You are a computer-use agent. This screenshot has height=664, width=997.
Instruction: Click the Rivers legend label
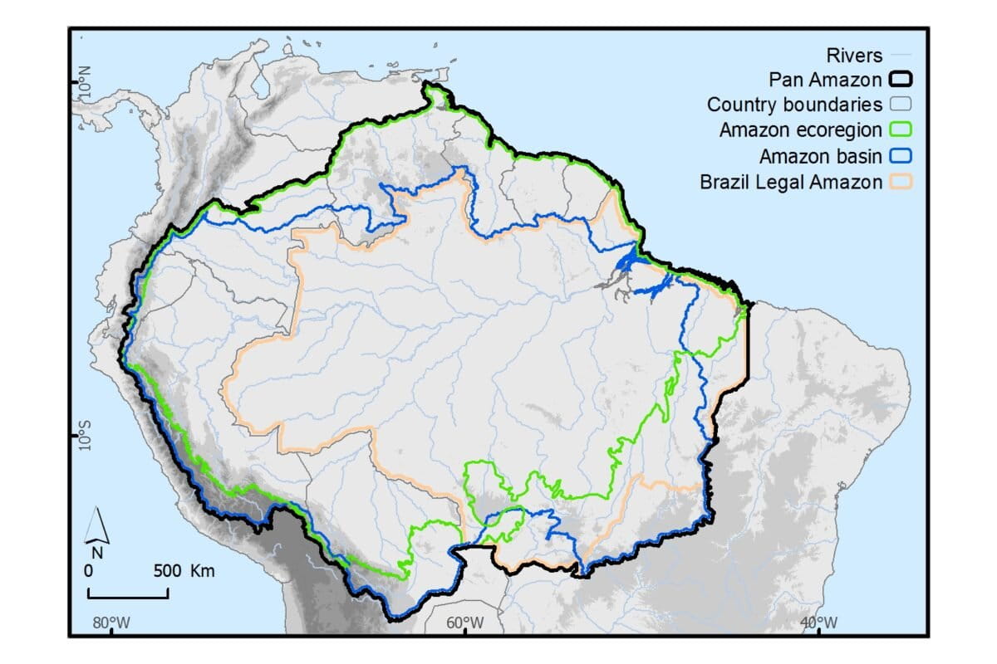coord(854,56)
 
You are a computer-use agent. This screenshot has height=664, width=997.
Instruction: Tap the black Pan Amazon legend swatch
coord(901,81)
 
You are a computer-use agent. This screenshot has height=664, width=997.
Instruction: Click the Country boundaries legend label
coord(794,105)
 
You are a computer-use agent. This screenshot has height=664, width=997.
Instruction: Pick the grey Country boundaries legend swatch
coord(901,105)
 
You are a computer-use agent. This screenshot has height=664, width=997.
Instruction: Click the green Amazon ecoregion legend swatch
coord(901,130)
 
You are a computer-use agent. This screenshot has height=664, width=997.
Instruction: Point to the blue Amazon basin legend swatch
coord(901,156)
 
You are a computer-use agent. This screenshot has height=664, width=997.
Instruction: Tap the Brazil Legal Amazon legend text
coord(791,182)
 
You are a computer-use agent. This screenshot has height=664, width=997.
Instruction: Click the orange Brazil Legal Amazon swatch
coord(901,182)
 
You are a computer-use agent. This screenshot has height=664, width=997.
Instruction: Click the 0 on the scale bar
coord(88,572)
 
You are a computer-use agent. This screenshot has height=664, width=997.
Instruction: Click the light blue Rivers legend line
coord(901,56)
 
